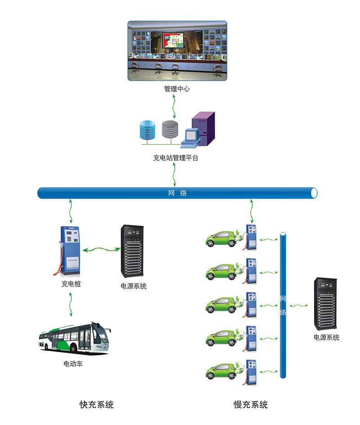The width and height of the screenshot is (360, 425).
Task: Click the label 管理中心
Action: click(177, 89)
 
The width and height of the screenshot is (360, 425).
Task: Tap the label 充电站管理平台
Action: click(175, 158)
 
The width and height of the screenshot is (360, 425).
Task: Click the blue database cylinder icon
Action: click(148, 129)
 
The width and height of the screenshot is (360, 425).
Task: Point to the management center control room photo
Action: click(177, 50)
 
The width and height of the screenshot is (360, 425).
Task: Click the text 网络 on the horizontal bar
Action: click(177, 194)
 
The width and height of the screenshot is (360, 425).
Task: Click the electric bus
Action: click(74, 338)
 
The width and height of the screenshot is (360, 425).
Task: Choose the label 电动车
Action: click(73, 364)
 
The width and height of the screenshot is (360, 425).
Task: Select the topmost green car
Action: click(221, 238)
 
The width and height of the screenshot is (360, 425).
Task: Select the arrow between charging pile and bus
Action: click(71, 305)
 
